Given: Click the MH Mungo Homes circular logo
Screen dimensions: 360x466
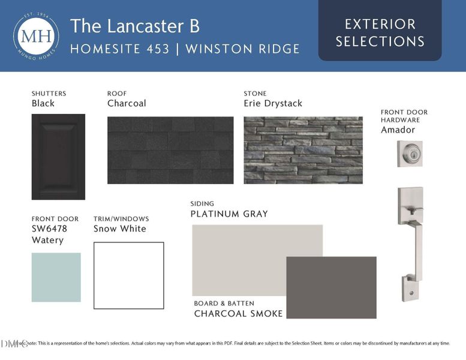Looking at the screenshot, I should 35,35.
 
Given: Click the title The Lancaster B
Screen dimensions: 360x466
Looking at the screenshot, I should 135,26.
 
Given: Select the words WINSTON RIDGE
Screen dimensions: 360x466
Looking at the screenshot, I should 242,49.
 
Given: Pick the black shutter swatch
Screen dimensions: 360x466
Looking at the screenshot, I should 58,157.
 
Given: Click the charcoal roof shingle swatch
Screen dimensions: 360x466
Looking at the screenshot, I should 170,150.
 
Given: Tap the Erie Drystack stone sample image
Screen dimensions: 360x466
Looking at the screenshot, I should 303,150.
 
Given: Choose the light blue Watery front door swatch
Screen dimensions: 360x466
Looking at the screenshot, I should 56,277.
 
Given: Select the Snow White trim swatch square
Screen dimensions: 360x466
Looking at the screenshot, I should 128,275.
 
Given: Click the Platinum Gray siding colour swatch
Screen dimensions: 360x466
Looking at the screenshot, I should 240,252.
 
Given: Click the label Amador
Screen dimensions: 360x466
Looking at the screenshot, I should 398,130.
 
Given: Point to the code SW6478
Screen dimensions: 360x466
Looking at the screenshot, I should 49,229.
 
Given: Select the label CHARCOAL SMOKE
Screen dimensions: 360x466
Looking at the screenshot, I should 238,314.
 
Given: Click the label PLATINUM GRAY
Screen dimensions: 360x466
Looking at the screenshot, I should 229,214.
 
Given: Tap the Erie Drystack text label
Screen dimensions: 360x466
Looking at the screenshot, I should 273,103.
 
